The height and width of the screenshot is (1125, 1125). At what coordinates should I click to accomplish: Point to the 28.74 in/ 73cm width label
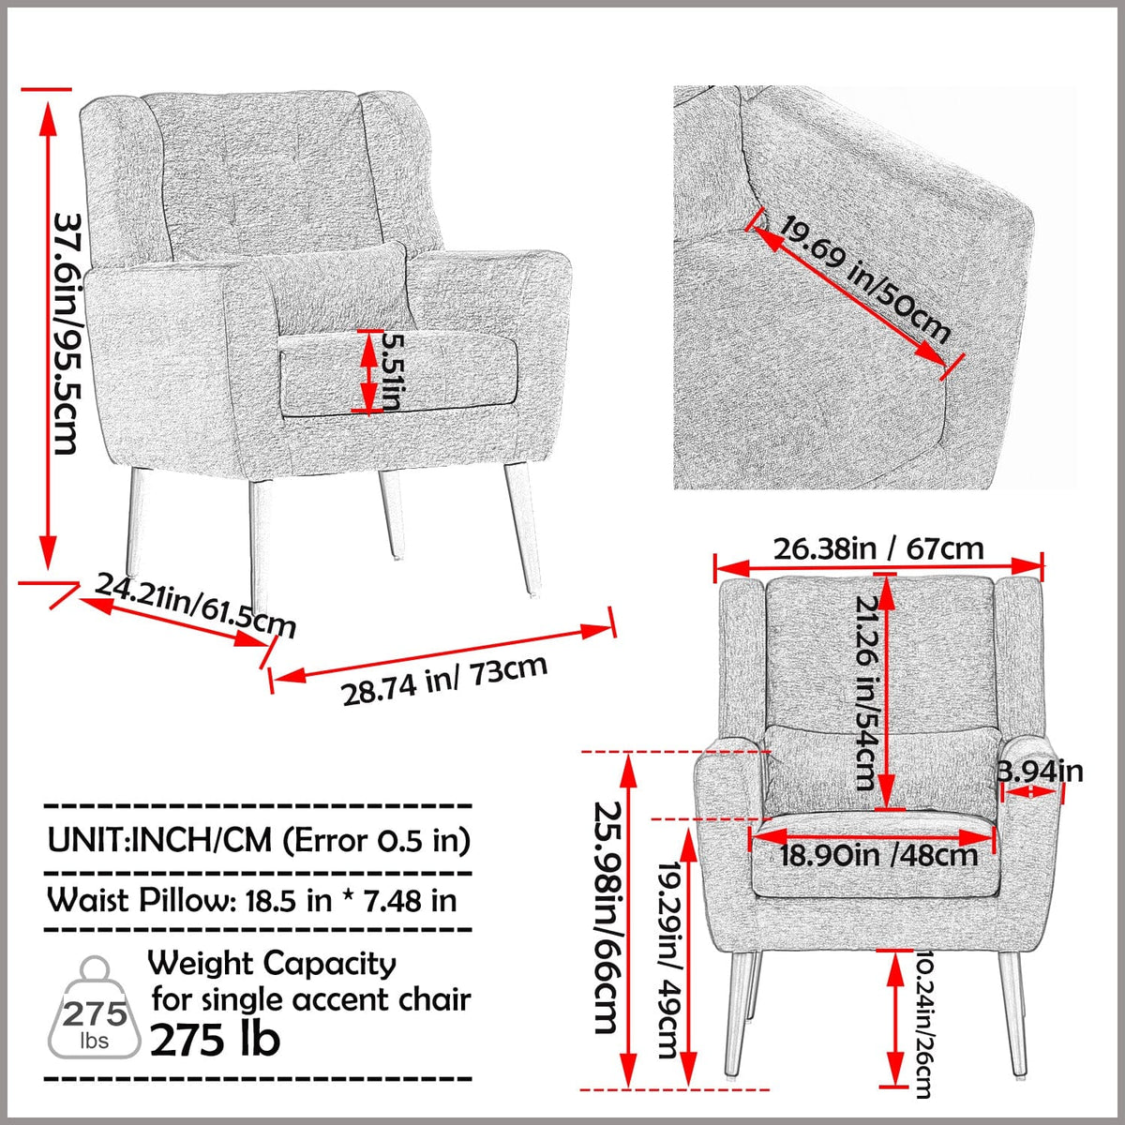(x=444, y=680)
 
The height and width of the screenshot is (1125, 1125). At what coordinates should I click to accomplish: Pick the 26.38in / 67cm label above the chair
(x=878, y=547)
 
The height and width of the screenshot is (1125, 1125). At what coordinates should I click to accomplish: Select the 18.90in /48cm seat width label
(x=878, y=854)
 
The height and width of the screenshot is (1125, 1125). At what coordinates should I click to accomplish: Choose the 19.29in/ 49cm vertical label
(x=667, y=960)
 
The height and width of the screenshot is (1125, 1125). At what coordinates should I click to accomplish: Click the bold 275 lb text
(x=215, y=1039)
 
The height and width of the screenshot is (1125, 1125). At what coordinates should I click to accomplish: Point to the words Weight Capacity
(x=272, y=963)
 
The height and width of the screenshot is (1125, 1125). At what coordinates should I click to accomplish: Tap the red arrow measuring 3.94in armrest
(x=1031, y=792)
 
